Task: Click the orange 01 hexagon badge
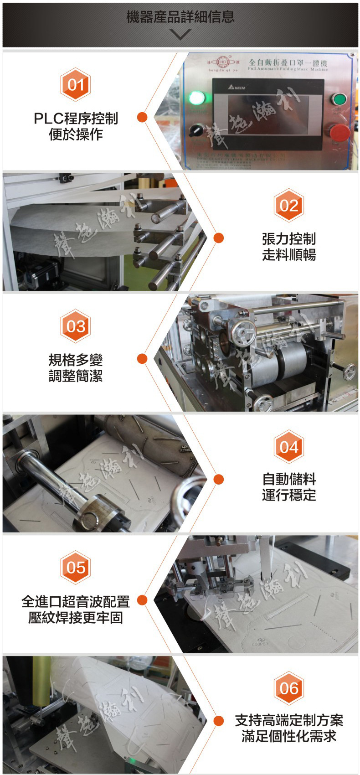pos(76,85)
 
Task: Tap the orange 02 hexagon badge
pos(289,206)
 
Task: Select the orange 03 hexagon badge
pos(76,326)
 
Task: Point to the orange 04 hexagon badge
pos(289,447)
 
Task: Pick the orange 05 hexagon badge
pos(76,568)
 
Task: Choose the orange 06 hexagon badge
pos(289,688)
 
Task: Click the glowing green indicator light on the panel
pos(197,98)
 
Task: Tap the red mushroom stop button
pos(339,133)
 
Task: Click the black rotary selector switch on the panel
pos(197,129)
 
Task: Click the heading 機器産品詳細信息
pos(180,17)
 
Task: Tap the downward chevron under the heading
pos(180,34)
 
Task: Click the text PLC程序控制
pos(76,119)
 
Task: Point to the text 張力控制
pos(289,239)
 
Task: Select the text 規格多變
pos(76,360)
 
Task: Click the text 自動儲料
pos(289,479)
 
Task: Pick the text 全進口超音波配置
pos(76,602)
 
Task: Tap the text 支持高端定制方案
pos(289,720)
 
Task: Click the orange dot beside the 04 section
pos(219,479)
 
